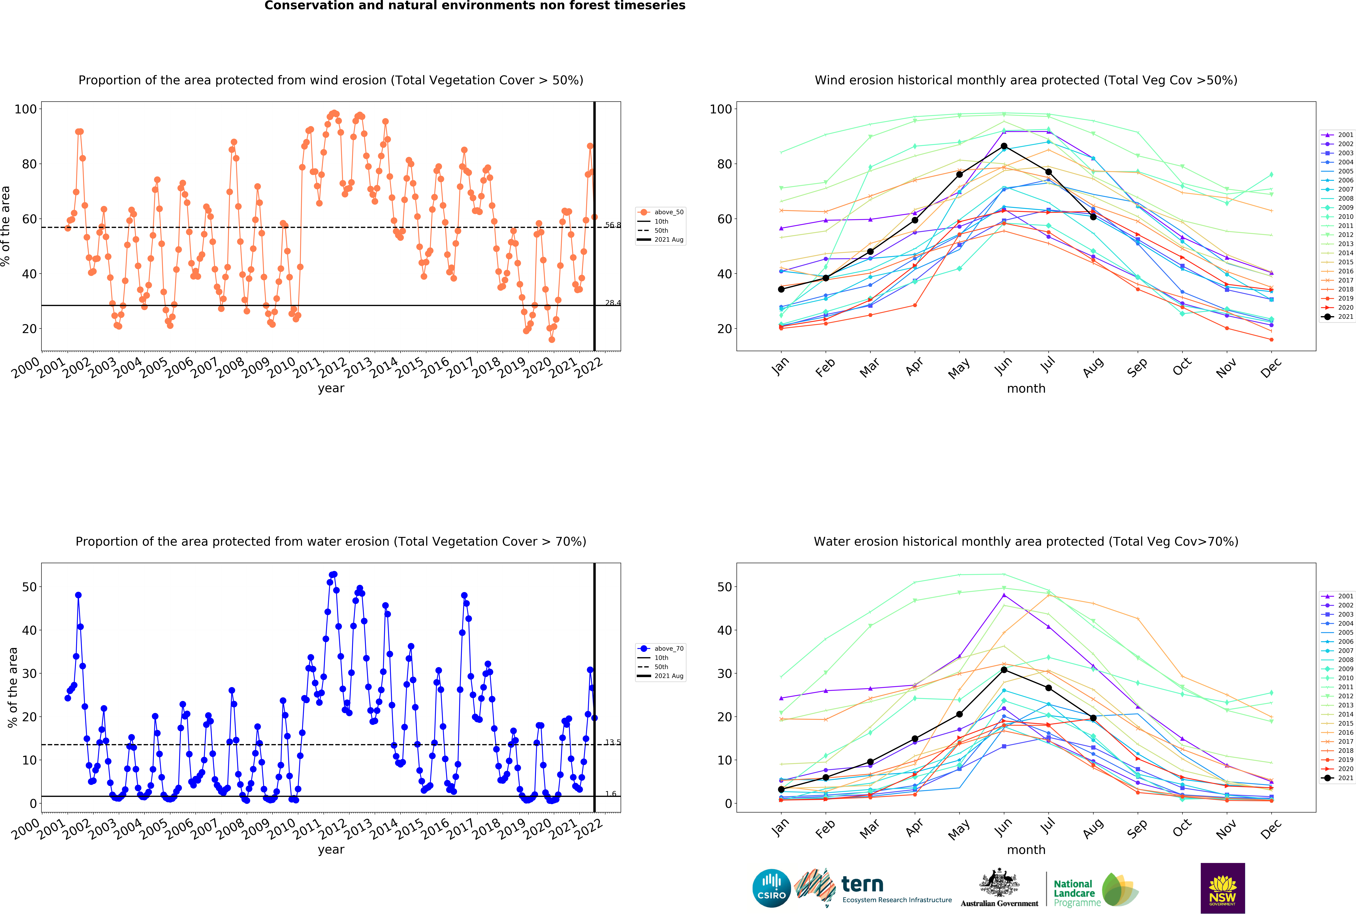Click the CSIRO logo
click(x=771, y=888)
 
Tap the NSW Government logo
click(x=1222, y=888)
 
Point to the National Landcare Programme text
click(x=1077, y=893)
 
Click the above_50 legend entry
click(x=661, y=212)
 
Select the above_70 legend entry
click(x=661, y=649)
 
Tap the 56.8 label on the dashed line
click(x=613, y=225)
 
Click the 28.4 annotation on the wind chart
click(x=613, y=303)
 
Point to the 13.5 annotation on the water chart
click(x=613, y=742)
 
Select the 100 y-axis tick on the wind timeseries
click(x=26, y=109)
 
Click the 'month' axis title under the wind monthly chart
click(x=1026, y=388)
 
